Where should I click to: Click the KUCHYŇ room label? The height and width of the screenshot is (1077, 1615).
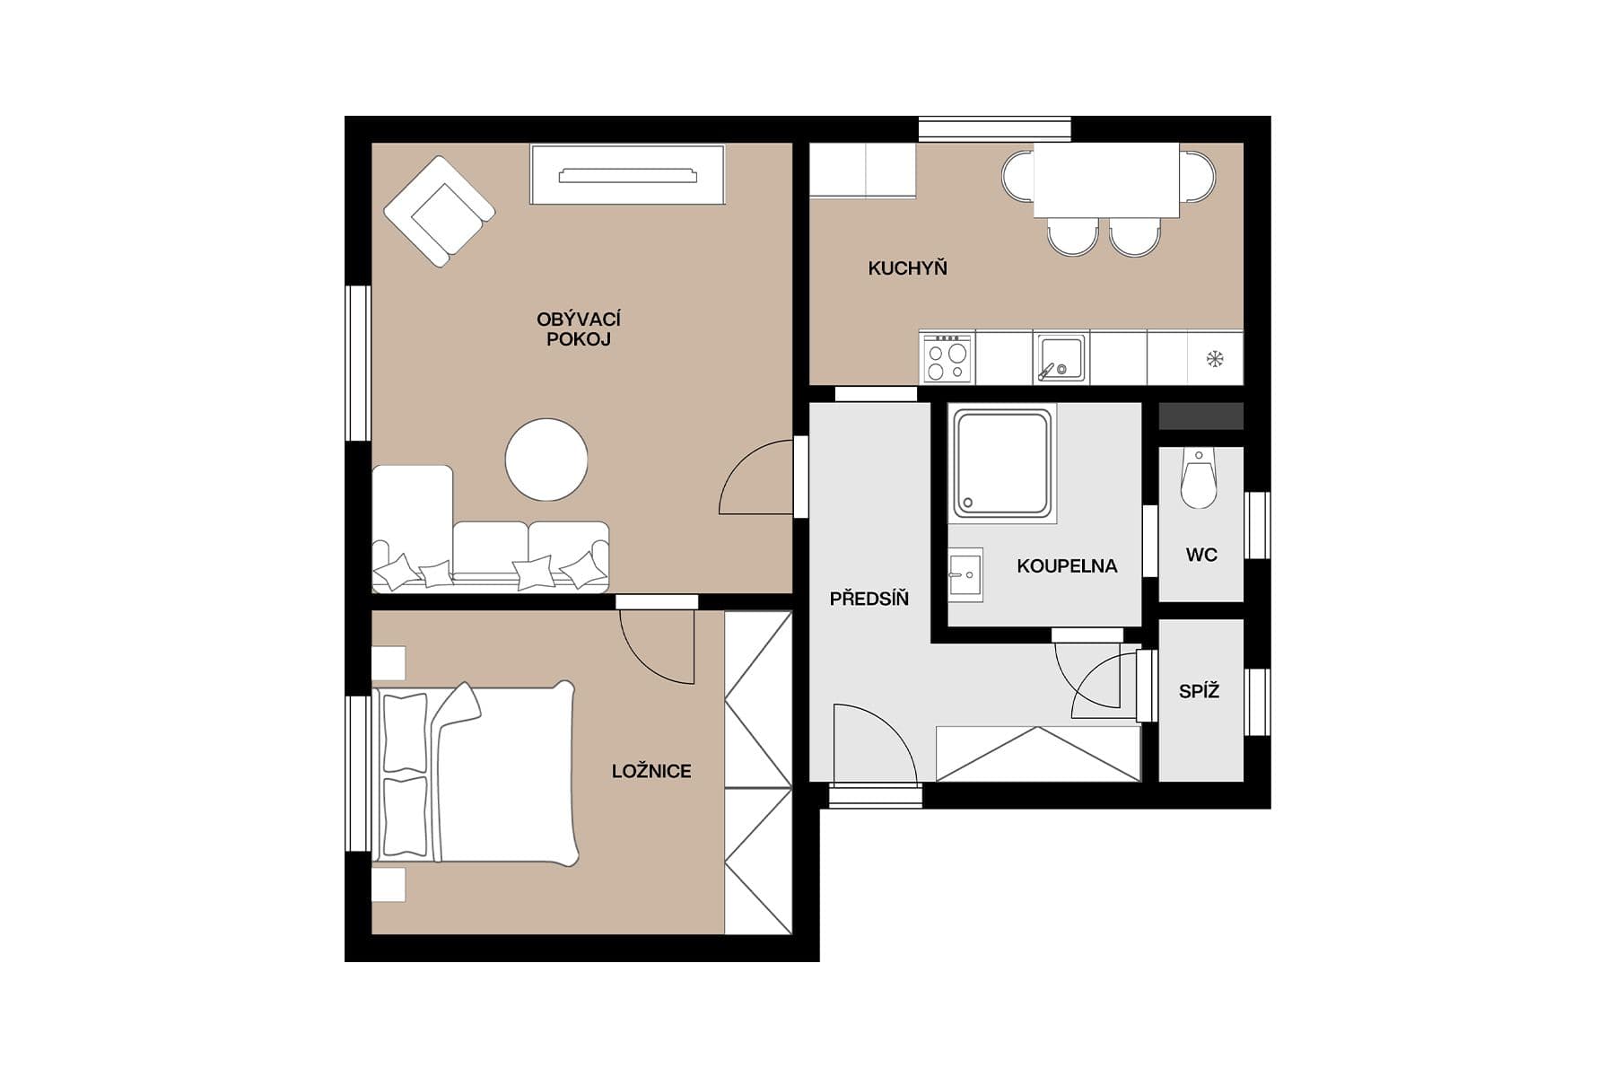point(907,267)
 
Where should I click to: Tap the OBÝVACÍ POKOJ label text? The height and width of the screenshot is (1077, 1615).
point(579,329)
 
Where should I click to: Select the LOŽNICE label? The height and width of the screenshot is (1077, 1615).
point(651,771)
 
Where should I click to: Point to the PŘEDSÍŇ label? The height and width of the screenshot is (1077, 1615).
point(869,599)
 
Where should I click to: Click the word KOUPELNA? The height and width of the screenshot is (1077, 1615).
point(1067,566)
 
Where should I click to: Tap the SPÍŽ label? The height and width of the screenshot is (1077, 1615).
point(1199,692)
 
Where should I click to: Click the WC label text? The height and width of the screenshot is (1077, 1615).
point(1201,555)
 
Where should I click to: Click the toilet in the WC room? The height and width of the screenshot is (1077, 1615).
point(1199,480)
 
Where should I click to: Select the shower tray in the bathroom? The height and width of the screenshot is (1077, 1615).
point(1002,463)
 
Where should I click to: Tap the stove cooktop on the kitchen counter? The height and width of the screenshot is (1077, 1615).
point(947,358)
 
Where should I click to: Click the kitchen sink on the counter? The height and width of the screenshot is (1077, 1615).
point(1061,357)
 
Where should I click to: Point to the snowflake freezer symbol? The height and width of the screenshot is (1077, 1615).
point(1215,359)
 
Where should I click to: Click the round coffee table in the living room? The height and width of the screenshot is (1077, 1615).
point(546,460)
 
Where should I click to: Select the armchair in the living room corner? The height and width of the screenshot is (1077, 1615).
point(439,212)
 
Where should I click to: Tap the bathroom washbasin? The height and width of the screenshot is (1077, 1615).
point(965,574)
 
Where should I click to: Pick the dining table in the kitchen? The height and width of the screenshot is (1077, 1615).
point(1105,180)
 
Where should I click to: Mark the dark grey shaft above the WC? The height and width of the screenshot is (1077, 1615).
point(1200,416)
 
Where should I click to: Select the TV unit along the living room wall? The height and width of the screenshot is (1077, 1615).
point(627,175)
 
